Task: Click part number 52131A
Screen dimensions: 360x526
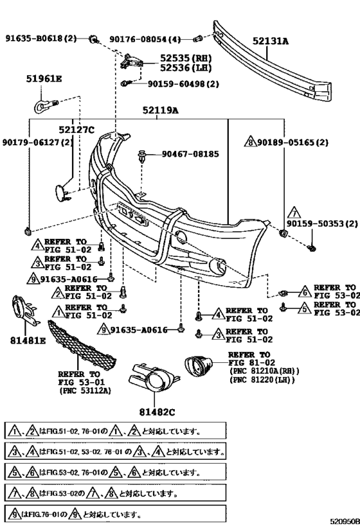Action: click(x=271, y=41)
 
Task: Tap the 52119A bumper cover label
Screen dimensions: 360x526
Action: click(x=161, y=110)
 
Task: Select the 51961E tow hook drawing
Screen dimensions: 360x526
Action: click(x=46, y=105)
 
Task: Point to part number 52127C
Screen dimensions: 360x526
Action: click(x=76, y=130)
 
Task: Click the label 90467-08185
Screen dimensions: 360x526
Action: click(x=190, y=154)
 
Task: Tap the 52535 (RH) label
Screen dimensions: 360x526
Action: click(x=186, y=58)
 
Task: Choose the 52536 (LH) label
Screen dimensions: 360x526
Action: click(x=186, y=68)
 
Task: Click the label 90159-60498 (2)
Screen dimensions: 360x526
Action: click(x=183, y=83)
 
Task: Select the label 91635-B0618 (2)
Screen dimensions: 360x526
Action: click(x=41, y=39)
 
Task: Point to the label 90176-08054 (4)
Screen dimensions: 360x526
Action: click(x=145, y=40)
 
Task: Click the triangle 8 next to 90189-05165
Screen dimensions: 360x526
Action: click(x=251, y=142)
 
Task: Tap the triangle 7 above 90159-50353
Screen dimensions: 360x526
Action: click(x=294, y=213)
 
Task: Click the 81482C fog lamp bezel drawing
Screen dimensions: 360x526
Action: click(x=153, y=378)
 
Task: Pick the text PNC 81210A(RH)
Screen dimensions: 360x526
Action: click(x=264, y=371)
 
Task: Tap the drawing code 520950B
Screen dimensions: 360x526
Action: click(x=345, y=522)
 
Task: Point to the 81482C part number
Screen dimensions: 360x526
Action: click(x=157, y=412)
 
